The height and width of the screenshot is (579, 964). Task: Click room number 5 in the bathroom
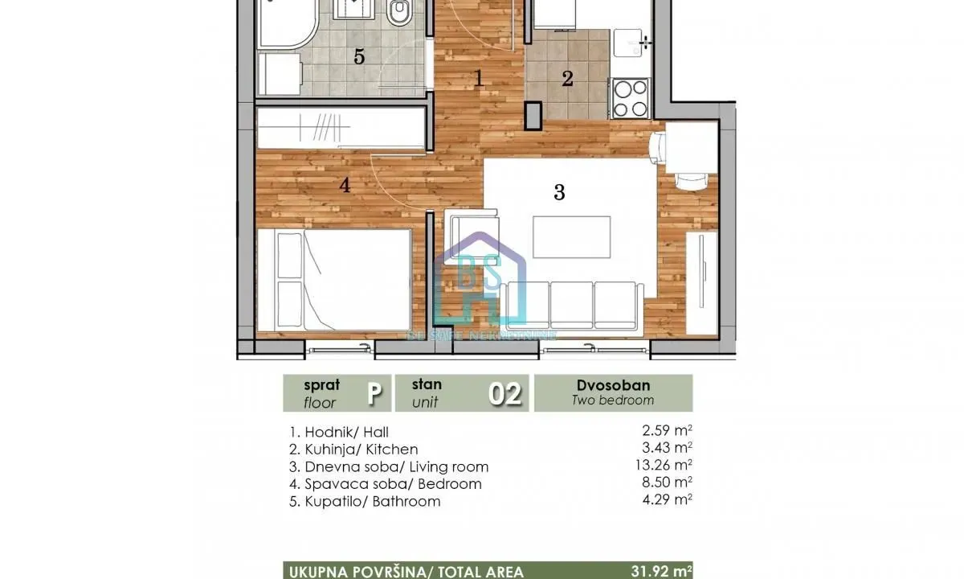tap(359, 57)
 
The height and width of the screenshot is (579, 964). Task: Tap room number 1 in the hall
tap(479, 79)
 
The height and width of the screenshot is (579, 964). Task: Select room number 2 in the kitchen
tap(567, 79)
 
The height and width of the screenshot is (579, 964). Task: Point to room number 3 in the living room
tap(559, 192)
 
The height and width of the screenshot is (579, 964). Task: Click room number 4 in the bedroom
tap(345, 186)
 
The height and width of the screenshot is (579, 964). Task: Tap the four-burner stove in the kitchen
tap(631, 98)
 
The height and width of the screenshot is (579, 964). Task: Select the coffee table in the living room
tap(571, 237)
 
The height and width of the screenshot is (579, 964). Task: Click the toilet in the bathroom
tap(398, 14)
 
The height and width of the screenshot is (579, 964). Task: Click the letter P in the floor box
tap(374, 394)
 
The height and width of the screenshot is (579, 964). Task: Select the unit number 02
tap(505, 394)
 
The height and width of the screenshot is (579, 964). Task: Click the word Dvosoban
tap(612, 385)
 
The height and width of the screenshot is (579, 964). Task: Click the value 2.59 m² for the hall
tap(663, 432)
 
